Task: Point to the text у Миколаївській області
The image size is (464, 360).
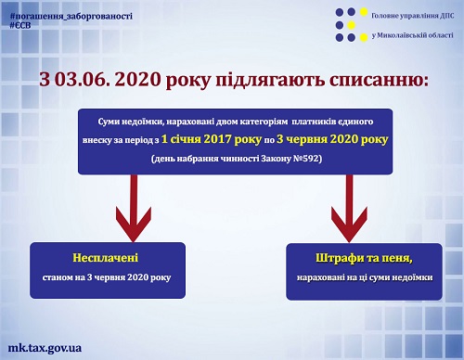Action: [x=411, y=35]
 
